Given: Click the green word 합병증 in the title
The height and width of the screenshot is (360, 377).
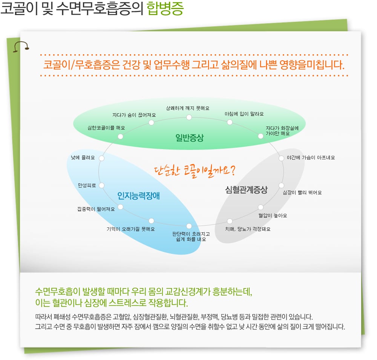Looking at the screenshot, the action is click(x=165, y=9).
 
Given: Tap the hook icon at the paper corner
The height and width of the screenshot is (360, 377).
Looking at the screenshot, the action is click(x=21, y=46).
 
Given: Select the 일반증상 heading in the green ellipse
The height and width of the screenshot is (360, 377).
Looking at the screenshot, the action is click(x=190, y=138).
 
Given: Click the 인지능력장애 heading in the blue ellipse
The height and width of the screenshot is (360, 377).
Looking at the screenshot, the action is click(x=138, y=196).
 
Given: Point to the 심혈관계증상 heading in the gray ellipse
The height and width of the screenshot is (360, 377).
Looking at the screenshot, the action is click(x=246, y=190).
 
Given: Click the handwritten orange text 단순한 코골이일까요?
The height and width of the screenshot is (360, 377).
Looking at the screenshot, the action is click(x=195, y=171).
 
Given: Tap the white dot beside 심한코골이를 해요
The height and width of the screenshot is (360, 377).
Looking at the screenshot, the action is click(x=121, y=137).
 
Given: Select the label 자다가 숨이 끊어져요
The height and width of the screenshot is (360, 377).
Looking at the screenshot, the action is click(x=134, y=115).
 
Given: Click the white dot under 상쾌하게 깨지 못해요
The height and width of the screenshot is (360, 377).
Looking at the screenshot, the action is click(x=189, y=117).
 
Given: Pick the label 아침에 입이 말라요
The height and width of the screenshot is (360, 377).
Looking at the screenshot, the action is click(x=244, y=114).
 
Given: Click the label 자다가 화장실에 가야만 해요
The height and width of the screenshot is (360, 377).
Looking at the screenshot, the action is click(x=282, y=131).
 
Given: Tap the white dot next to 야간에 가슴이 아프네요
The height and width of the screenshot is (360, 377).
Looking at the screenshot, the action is click(x=281, y=158).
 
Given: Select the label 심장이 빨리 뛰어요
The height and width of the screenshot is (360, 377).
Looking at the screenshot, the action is click(x=302, y=192).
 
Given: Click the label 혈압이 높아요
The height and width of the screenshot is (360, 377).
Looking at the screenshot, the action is click(x=273, y=215).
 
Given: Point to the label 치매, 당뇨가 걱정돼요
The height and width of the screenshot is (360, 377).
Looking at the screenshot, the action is click(x=248, y=229).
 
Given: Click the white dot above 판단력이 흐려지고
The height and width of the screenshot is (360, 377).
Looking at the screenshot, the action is click(x=189, y=226).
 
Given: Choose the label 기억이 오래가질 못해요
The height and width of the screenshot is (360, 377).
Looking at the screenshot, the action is click(x=130, y=229).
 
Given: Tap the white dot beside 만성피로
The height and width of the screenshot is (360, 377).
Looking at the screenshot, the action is click(x=102, y=185).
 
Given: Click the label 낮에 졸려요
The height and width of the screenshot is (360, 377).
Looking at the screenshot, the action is click(x=83, y=157).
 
